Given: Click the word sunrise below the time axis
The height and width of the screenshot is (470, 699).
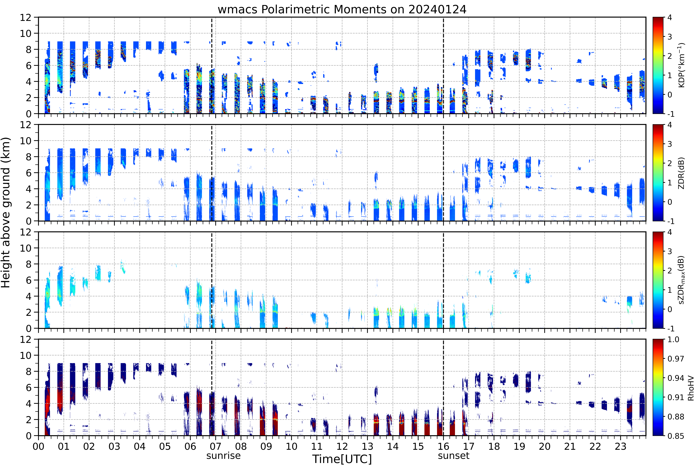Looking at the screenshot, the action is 223,456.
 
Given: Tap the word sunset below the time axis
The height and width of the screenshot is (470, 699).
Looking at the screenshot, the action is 453,456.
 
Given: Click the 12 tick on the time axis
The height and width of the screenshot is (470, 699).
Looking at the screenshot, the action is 342,446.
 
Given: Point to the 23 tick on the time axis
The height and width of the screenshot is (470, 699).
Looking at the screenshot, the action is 620,446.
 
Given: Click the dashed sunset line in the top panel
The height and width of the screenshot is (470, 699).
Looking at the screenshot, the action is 443,65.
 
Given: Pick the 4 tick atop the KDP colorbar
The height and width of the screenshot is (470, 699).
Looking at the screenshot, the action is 670,17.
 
